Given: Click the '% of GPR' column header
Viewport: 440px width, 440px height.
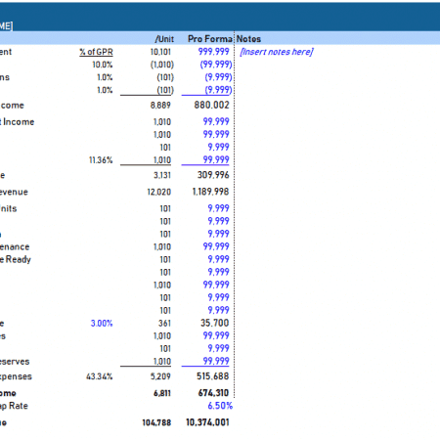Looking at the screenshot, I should pyautogui.click(x=94, y=51).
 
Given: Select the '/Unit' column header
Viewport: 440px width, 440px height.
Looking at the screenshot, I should pyautogui.click(x=163, y=37).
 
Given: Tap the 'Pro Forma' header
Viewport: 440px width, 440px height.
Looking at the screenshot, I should pyautogui.click(x=208, y=37).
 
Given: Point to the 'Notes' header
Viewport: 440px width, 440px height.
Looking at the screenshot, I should pyautogui.click(x=249, y=37).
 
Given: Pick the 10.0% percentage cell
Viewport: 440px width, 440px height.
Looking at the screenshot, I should pyautogui.click(x=103, y=64).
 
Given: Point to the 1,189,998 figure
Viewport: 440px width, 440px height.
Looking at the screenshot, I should pyautogui.click(x=207, y=192).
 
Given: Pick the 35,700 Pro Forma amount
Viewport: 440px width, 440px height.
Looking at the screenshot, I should pyautogui.click(x=214, y=322).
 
